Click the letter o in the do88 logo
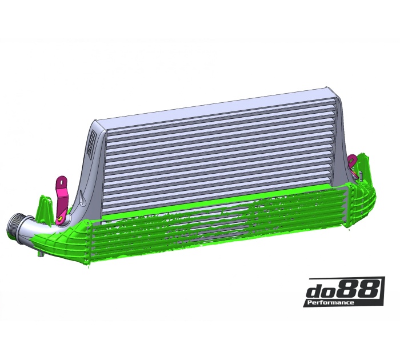[335, 291]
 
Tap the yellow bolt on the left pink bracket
[60, 218]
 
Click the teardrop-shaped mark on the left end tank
[83, 197]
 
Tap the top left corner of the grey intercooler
[96, 122]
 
